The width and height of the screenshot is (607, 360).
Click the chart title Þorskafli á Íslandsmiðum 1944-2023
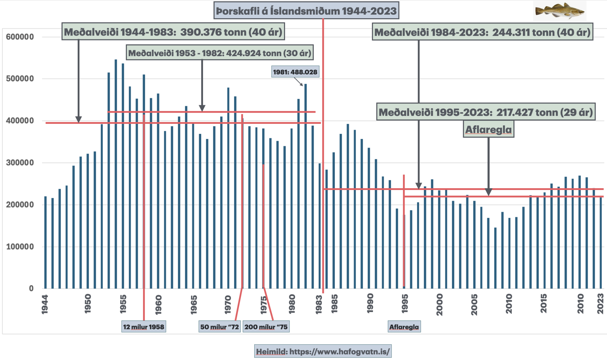(x=306, y=11)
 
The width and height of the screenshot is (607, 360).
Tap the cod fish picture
(x=559, y=11)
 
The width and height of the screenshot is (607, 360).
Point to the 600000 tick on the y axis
(x=20, y=37)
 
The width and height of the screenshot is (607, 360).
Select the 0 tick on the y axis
(x=31, y=288)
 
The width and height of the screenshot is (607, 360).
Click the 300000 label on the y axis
(x=20, y=163)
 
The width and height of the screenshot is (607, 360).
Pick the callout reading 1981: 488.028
(x=295, y=72)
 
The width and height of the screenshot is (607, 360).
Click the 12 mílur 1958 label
(x=144, y=327)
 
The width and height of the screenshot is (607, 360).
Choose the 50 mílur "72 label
(x=219, y=327)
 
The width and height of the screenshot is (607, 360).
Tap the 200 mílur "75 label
(x=266, y=327)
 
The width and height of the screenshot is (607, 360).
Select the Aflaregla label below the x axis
(x=404, y=327)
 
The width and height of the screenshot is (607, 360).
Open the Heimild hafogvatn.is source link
(x=323, y=352)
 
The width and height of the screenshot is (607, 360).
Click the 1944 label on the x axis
(x=45, y=304)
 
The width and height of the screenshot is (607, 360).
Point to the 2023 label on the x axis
(x=600, y=304)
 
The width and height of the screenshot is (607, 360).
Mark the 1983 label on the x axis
(x=319, y=304)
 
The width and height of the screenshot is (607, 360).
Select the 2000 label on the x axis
(x=439, y=304)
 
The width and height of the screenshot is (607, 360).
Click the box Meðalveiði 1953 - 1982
(x=220, y=53)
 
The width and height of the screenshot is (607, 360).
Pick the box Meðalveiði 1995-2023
(x=486, y=112)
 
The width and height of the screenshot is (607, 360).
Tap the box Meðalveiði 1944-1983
(x=173, y=32)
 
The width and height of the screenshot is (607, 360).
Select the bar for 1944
(x=46, y=243)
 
